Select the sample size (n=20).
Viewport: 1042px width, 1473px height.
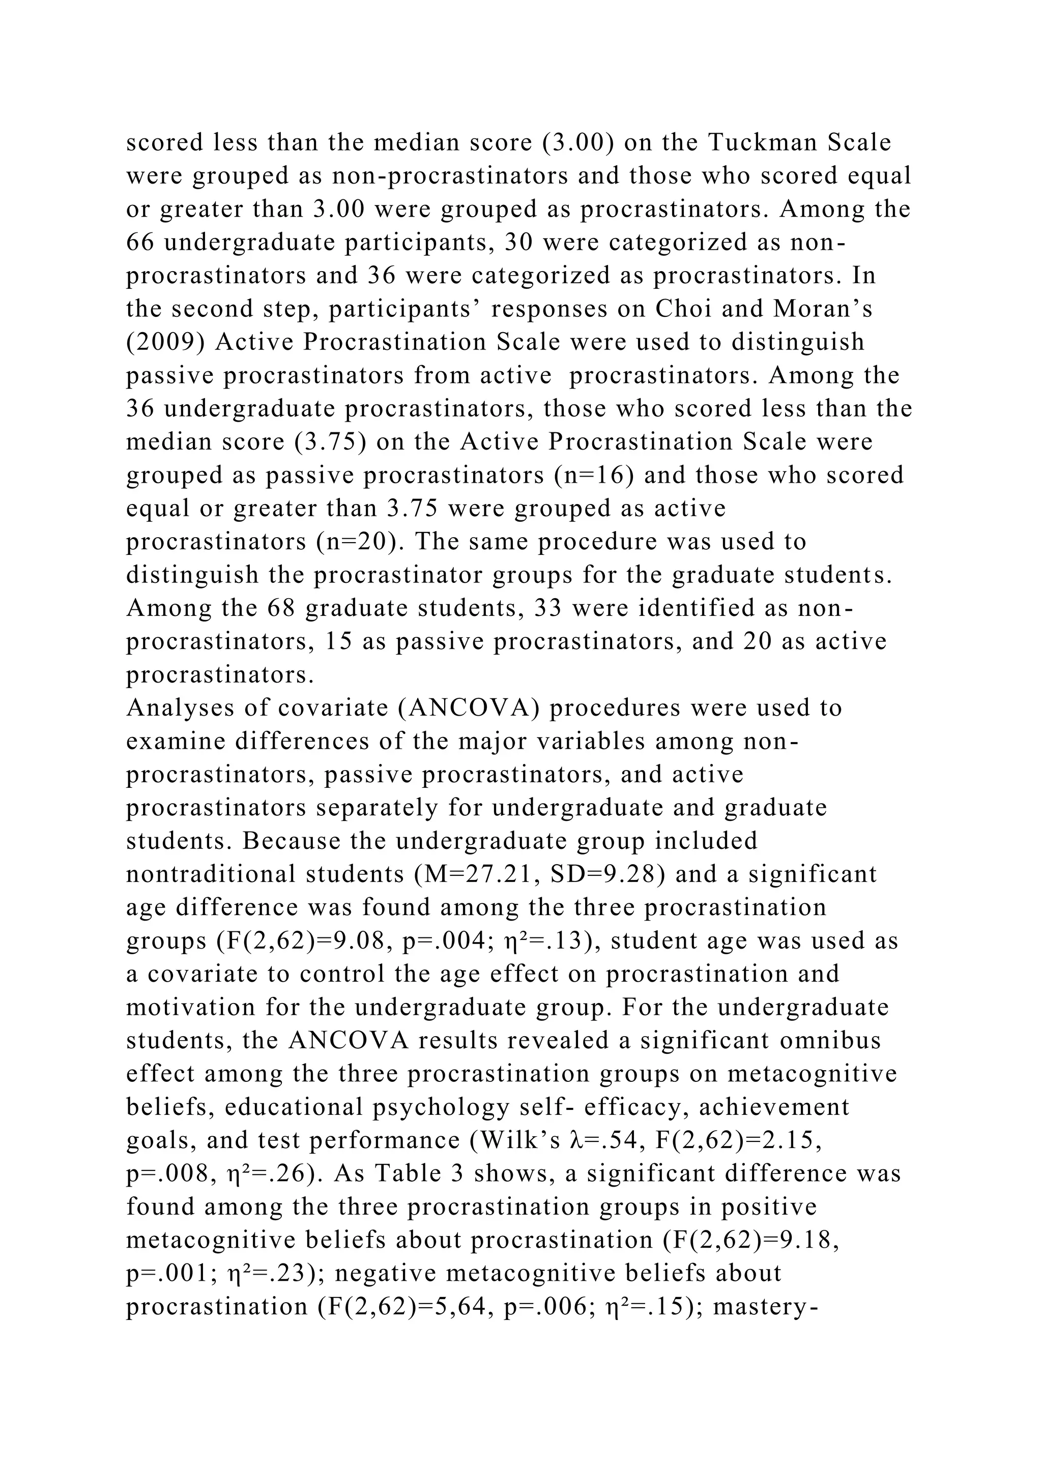(x=360, y=542)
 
